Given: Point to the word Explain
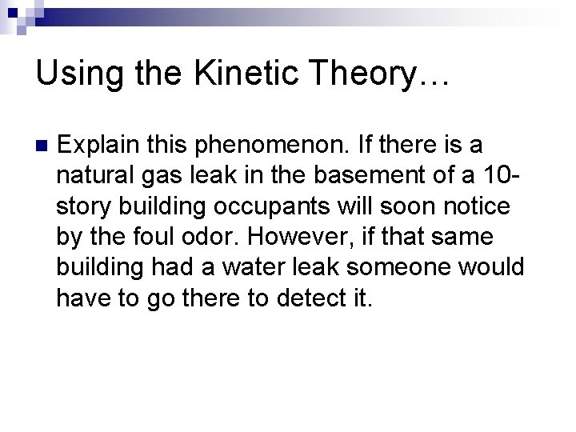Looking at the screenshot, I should [x=98, y=146].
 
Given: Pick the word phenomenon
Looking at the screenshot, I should [x=258, y=146].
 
